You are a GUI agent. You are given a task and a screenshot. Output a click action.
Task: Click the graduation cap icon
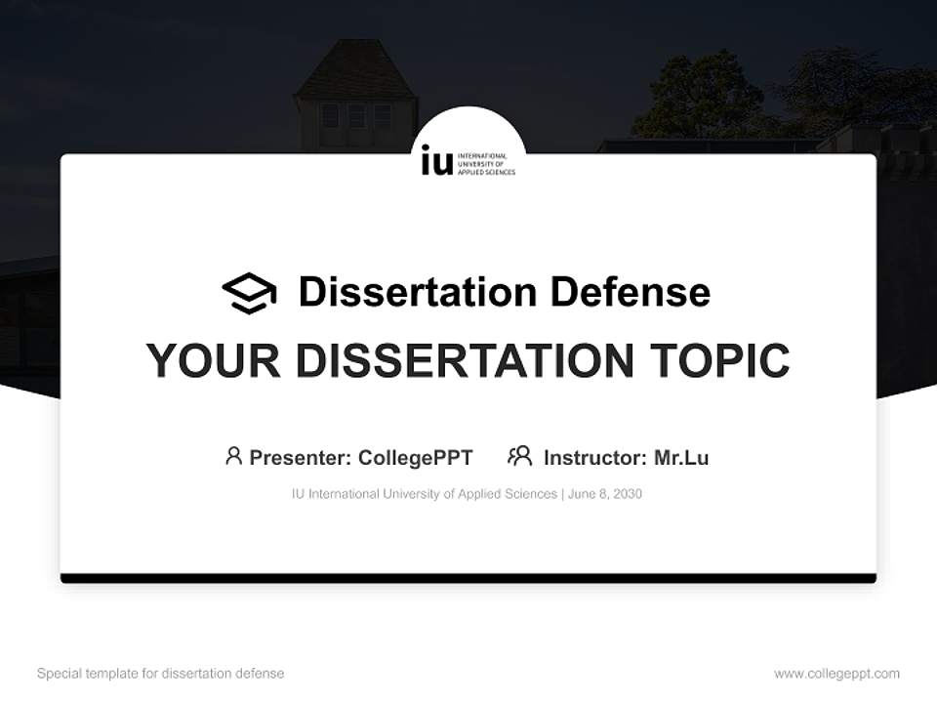(249, 293)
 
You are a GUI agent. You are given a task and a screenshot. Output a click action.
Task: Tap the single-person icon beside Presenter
(233, 456)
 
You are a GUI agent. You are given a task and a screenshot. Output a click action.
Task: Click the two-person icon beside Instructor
(519, 456)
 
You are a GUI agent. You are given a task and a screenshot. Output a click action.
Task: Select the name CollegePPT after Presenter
(416, 458)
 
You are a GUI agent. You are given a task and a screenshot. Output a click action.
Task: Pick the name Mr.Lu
(681, 458)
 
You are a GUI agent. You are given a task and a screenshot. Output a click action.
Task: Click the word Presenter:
(301, 458)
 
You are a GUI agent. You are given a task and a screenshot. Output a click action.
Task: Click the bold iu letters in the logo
(436, 161)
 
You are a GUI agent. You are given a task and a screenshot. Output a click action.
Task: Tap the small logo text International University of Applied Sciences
(486, 163)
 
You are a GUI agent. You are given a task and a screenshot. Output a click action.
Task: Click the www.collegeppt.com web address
(836, 674)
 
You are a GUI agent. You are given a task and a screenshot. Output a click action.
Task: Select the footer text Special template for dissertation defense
(160, 674)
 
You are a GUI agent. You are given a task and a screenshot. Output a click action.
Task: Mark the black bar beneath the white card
(468, 578)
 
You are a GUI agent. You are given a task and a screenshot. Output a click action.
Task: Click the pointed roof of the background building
(353, 70)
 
